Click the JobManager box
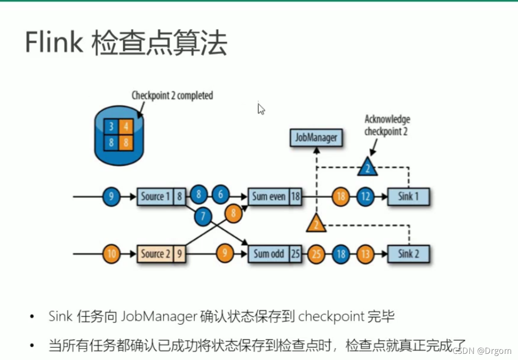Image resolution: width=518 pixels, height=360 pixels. click(x=316, y=137)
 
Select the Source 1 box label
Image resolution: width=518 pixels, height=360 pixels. click(x=155, y=196)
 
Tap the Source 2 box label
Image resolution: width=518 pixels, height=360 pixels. click(x=155, y=254)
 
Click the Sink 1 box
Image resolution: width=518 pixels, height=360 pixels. click(x=408, y=196)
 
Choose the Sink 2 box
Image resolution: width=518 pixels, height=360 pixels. click(x=408, y=254)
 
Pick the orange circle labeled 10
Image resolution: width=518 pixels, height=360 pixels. click(x=111, y=254)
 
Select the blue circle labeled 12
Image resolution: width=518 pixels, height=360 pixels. click(x=365, y=196)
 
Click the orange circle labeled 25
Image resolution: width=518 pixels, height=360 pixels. click(x=316, y=254)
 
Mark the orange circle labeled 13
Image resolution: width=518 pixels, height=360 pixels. click(x=365, y=254)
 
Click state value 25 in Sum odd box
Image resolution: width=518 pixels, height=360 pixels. click(x=296, y=254)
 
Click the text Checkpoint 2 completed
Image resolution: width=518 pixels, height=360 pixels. click(x=172, y=96)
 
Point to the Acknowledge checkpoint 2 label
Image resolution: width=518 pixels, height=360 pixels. click(x=387, y=125)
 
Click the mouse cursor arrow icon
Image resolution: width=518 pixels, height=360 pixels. click(x=261, y=109)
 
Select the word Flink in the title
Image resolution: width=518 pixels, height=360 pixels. click(x=54, y=43)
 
